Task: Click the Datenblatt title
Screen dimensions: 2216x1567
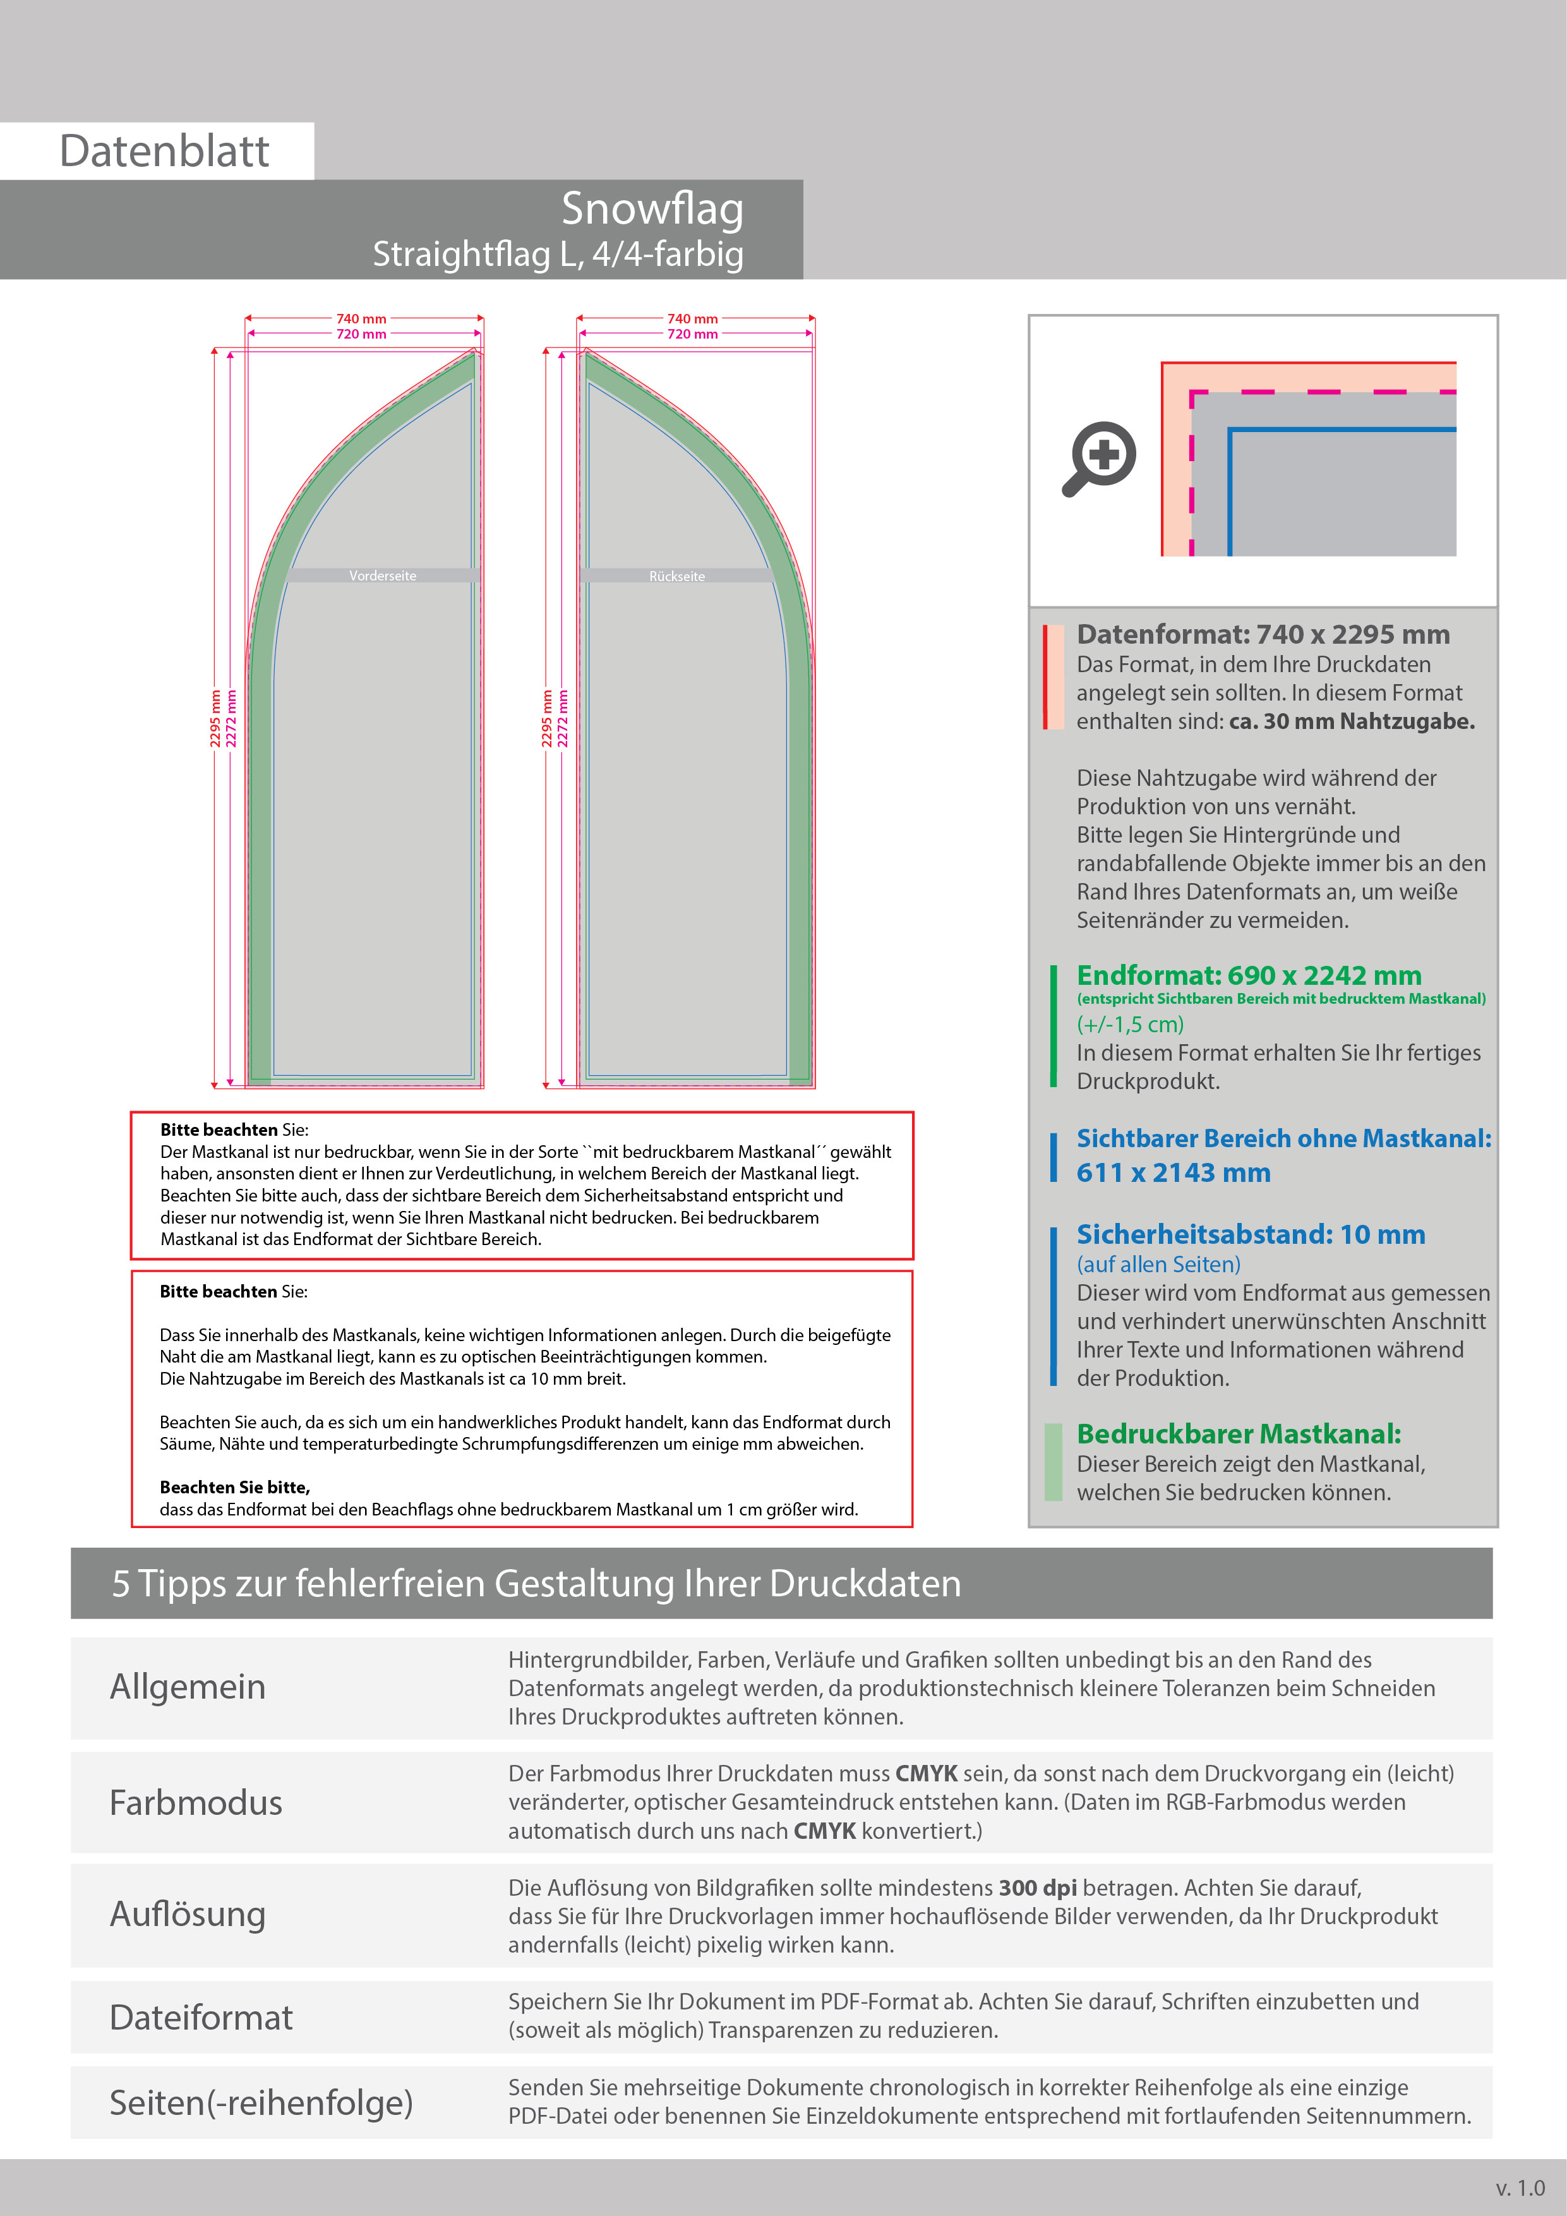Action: (x=164, y=152)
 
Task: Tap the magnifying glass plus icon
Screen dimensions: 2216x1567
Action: (x=1101, y=457)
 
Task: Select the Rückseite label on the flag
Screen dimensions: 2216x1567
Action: (x=676, y=576)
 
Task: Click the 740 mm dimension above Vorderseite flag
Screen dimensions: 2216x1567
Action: (x=361, y=318)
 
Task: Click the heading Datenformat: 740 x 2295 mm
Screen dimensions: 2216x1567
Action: (x=1262, y=634)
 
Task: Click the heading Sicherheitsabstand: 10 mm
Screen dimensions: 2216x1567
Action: (x=1251, y=1234)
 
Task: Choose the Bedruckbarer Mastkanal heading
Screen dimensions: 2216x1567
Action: (x=1238, y=1434)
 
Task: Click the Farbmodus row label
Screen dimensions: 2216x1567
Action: (x=196, y=1802)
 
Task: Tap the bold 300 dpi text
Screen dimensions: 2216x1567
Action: (x=1037, y=1888)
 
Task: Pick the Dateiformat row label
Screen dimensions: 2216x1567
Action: (x=201, y=2017)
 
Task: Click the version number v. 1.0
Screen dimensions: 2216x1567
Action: (x=1520, y=2188)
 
